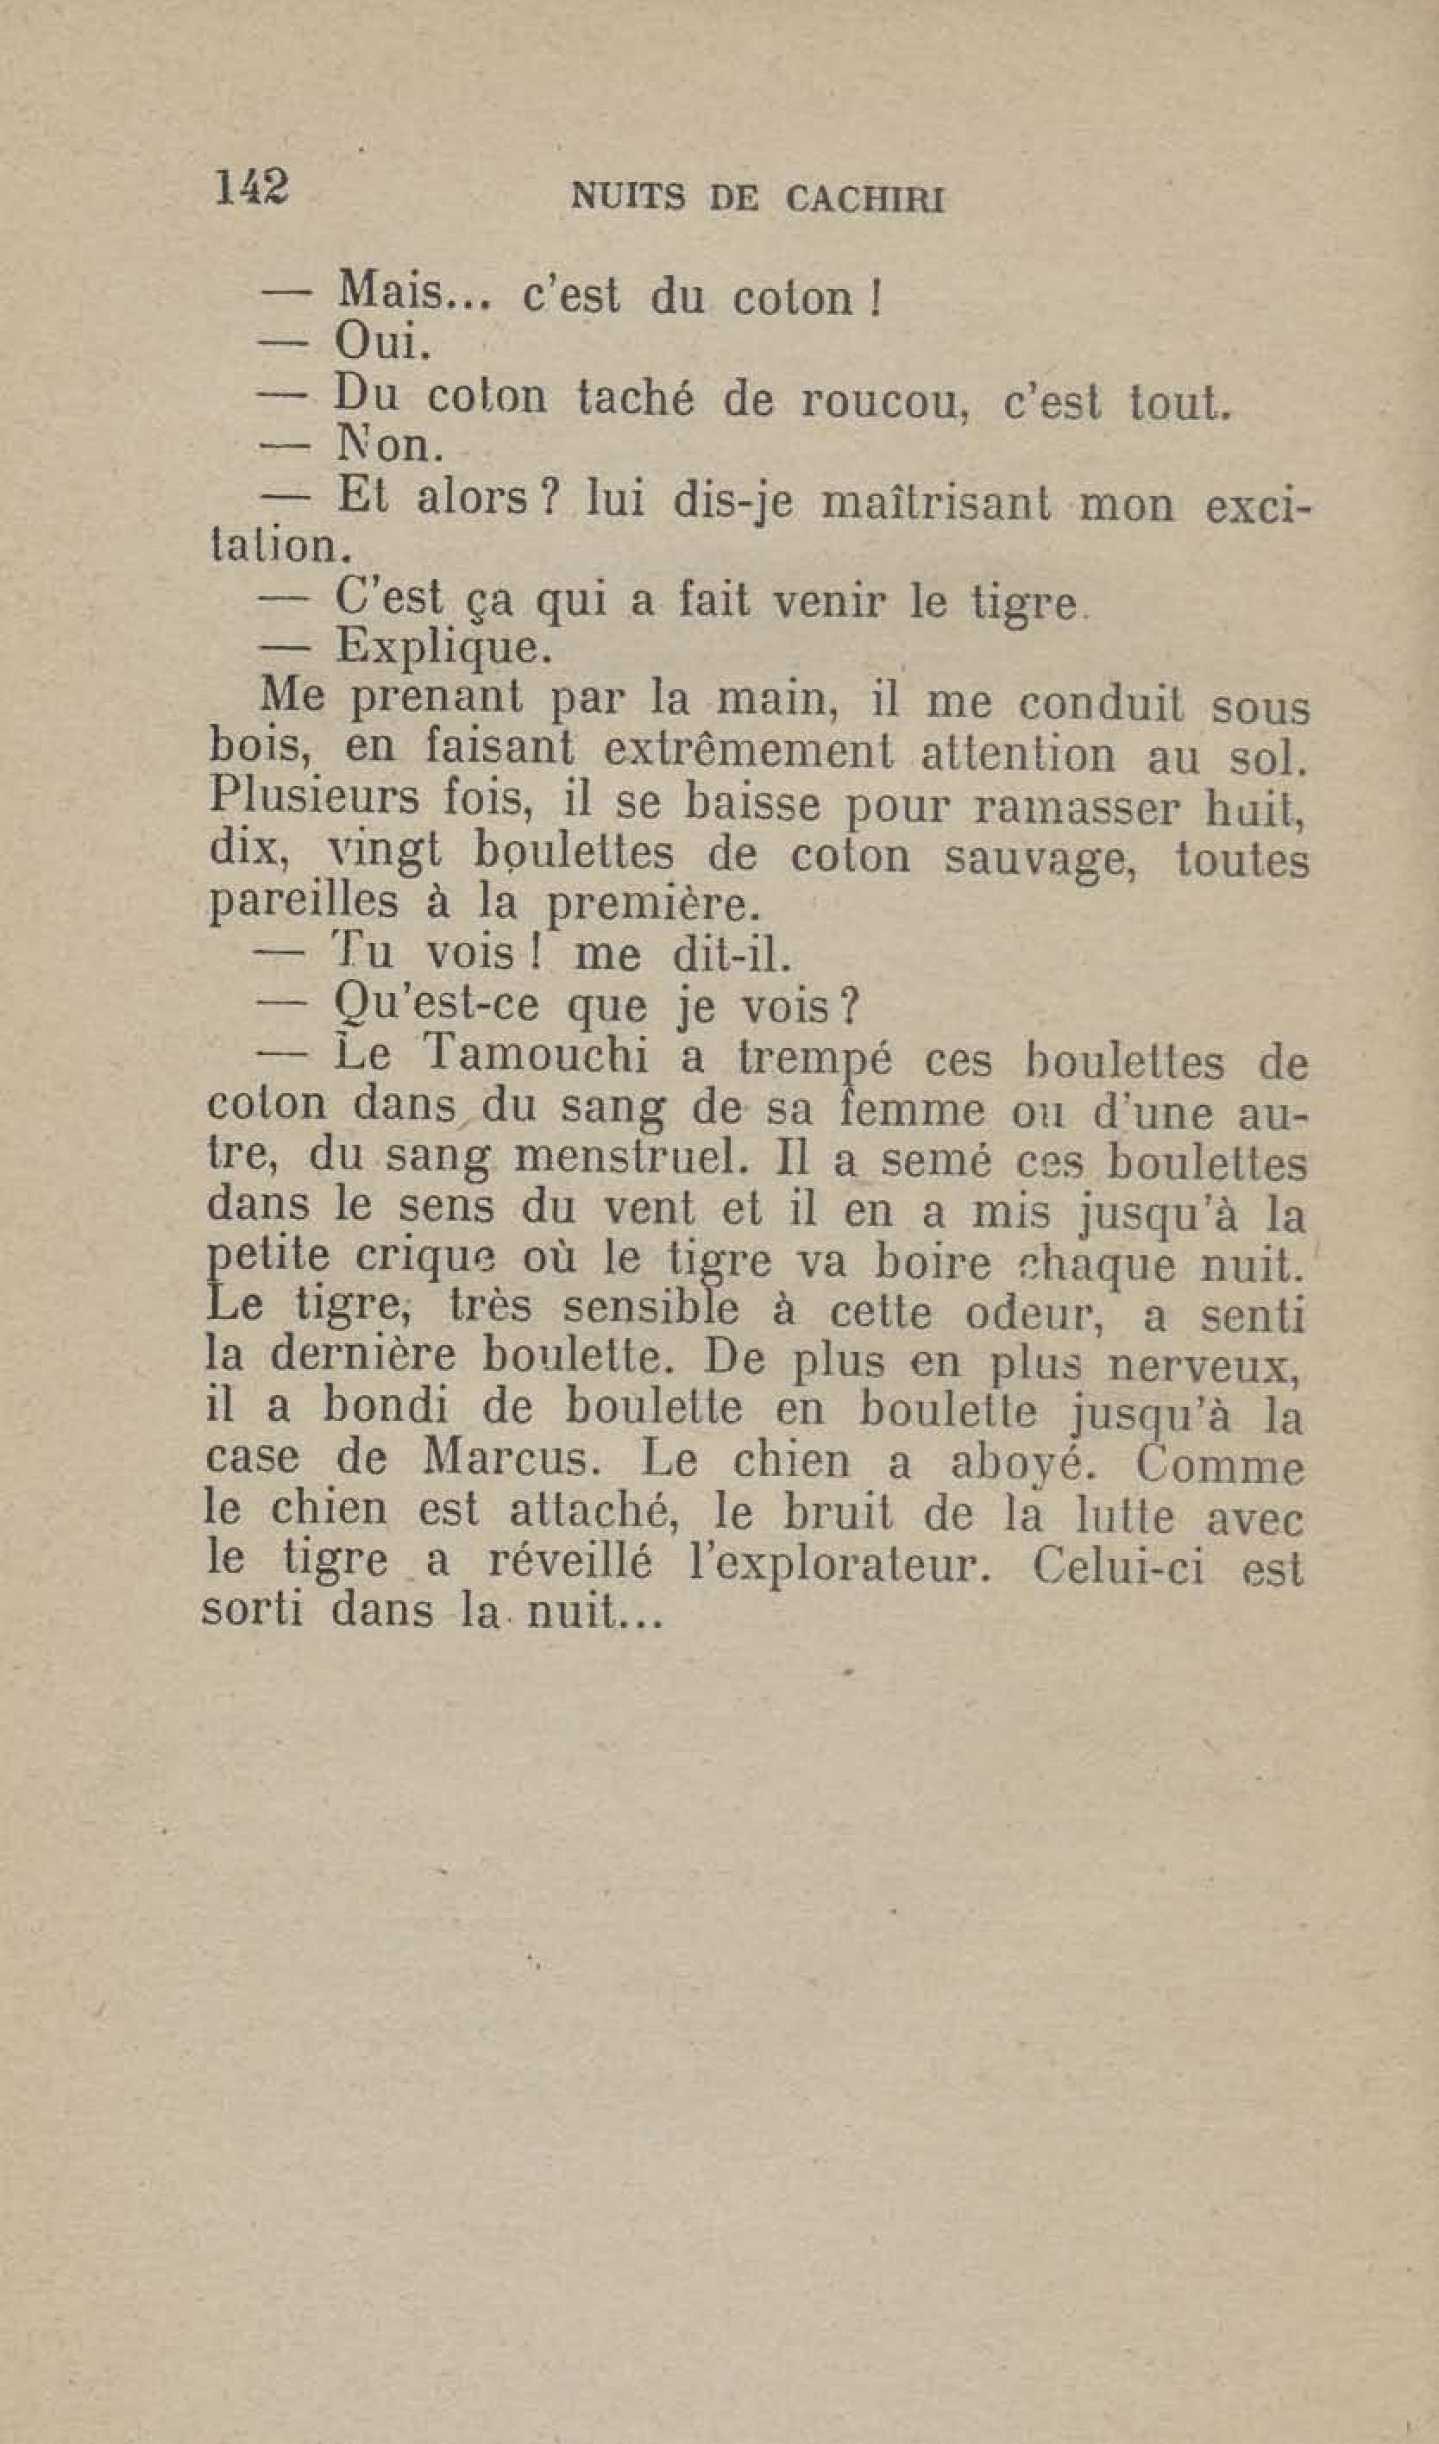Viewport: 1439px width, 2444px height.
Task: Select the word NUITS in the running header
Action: point(631,198)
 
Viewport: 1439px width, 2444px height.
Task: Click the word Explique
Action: point(444,647)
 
